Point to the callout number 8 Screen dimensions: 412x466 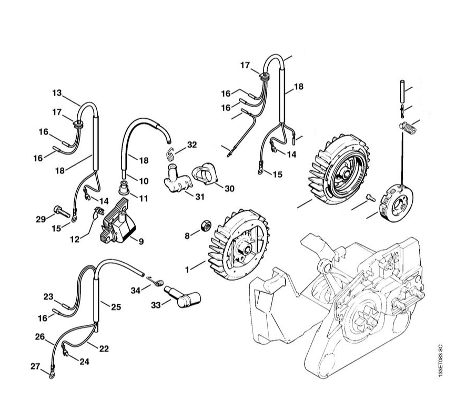187,236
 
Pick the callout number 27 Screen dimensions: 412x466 35,367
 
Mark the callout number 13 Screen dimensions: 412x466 57,93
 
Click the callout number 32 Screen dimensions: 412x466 191,145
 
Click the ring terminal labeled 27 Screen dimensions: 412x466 50,375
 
